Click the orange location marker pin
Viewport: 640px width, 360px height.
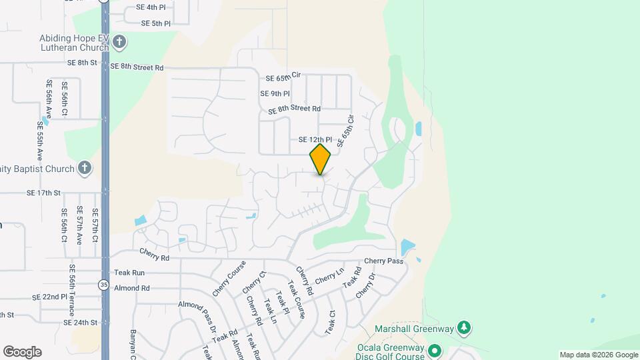click(x=321, y=159)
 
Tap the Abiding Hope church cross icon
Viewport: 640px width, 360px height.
click(x=119, y=43)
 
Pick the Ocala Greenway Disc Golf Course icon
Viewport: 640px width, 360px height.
click(x=435, y=349)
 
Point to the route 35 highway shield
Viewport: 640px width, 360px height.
click(x=103, y=285)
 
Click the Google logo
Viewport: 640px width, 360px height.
click(x=22, y=352)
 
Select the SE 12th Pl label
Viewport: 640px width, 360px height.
click(x=315, y=140)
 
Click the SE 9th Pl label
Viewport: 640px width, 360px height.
click(x=275, y=94)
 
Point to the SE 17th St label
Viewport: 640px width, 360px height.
click(x=43, y=193)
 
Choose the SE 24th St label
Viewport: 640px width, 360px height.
click(x=81, y=323)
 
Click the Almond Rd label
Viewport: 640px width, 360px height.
click(x=132, y=289)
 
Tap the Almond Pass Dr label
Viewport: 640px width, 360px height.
click(x=198, y=317)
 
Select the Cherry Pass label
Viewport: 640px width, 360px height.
click(x=384, y=261)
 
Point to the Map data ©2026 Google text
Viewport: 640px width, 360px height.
click(x=598, y=355)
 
